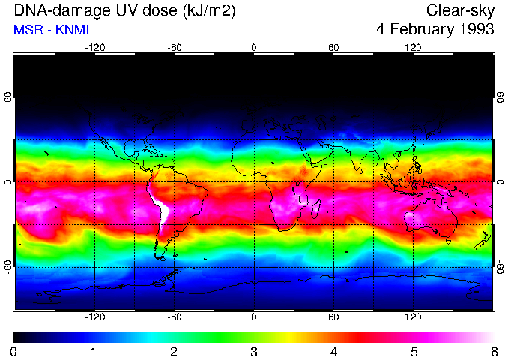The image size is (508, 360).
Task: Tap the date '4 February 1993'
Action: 435,30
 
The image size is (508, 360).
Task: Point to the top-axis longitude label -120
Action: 94,47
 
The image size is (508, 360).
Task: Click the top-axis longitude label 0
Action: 254,47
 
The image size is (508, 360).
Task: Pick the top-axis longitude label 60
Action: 333,47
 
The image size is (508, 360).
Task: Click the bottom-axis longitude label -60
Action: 175,317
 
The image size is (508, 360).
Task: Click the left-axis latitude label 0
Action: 8,182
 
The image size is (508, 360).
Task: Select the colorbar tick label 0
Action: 14,351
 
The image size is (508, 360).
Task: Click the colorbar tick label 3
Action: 254,351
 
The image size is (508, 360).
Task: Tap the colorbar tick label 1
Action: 94,351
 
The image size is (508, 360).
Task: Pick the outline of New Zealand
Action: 485,241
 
